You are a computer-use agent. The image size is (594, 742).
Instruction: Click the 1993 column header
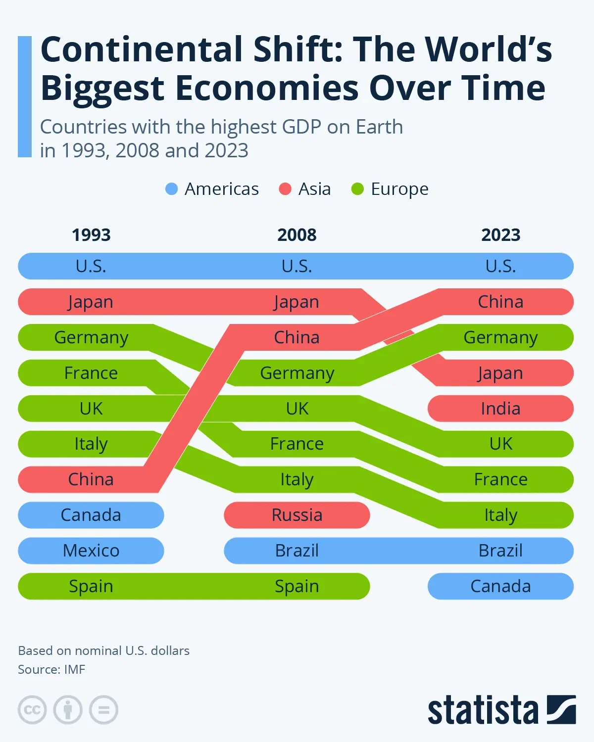coord(91,234)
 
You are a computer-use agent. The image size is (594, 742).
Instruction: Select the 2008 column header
coord(297,234)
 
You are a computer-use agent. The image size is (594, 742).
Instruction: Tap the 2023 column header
coord(500,234)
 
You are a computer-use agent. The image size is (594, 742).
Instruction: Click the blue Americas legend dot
coord(171,189)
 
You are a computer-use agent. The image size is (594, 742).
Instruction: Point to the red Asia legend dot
coord(285,189)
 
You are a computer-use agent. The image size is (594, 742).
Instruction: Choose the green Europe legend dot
coord(357,189)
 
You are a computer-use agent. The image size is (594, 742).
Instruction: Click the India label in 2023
coord(500,409)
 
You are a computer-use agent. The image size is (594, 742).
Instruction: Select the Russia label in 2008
coord(297,515)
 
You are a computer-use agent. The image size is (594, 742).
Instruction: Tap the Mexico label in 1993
coord(91,551)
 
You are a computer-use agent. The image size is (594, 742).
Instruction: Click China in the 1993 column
coord(91,479)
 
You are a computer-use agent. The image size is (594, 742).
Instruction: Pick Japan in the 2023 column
coord(500,373)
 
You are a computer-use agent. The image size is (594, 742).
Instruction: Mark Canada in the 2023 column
coord(500,586)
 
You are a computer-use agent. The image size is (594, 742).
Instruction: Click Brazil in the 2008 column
coord(297,551)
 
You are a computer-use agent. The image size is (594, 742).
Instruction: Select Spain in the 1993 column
coord(91,586)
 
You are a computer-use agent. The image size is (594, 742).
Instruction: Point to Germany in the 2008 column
coord(297,373)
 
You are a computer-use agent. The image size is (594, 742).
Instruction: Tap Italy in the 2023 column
coord(500,515)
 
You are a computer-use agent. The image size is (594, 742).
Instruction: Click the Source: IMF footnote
coord(51,669)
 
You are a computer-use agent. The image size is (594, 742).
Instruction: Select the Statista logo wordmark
coord(483,710)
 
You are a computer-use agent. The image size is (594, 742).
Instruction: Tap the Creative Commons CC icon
coord(32,710)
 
